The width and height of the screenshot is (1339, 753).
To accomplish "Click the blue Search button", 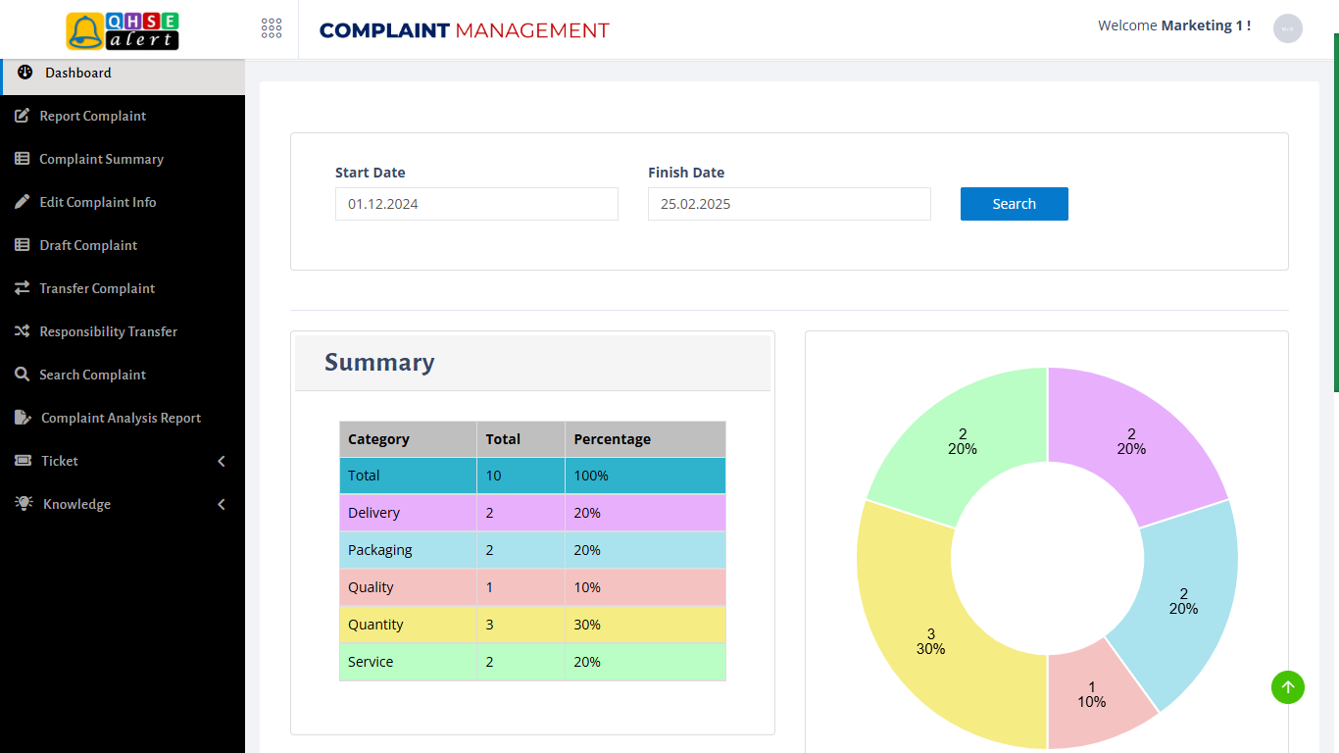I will (1014, 204).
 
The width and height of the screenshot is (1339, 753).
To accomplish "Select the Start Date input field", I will (476, 204).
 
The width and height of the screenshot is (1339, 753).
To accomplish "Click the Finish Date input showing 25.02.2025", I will (789, 204).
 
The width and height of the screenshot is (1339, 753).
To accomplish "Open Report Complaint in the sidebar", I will (92, 116).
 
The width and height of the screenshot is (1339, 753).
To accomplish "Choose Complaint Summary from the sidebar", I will (101, 159).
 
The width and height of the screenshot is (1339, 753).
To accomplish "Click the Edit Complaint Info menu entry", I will (97, 202).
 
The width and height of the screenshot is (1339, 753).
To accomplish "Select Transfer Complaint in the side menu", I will (97, 288).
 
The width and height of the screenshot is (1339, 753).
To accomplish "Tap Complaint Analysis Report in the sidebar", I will (121, 418).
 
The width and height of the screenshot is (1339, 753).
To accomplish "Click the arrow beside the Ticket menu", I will (222, 461).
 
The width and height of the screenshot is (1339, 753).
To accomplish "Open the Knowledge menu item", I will (76, 504).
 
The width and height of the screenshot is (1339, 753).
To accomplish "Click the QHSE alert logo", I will (123, 30).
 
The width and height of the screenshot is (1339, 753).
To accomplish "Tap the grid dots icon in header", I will (272, 28).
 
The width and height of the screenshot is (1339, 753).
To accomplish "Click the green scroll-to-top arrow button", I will (1288, 687).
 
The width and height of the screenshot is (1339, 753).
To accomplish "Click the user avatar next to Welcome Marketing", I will (1287, 28).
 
